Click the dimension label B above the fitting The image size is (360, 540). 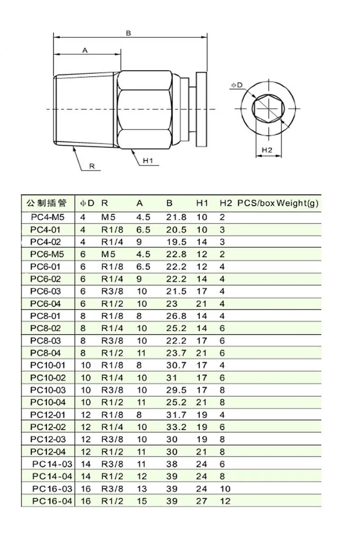(x=128, y=33)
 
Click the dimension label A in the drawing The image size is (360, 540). (x=85, y=50)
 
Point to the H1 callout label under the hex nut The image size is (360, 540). (x=148, y=161)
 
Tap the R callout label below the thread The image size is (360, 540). (x=92, y=166)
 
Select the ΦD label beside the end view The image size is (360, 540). (x=237, y=85)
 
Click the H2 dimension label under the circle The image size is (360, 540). (x=267, y=150)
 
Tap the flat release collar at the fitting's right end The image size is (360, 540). (x=202, y=109)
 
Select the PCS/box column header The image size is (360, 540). (x=256, y=203)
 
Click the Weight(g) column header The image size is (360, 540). (x=297, y=203)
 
